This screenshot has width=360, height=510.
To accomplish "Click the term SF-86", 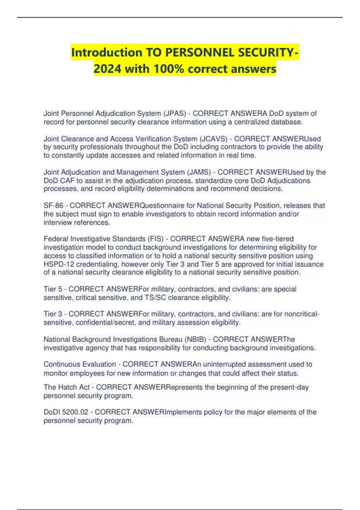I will (53, 205).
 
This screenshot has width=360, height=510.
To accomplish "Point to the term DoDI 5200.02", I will (67, 412).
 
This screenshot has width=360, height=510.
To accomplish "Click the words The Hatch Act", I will (67, 387).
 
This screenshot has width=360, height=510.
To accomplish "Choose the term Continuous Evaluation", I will (80, 364).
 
